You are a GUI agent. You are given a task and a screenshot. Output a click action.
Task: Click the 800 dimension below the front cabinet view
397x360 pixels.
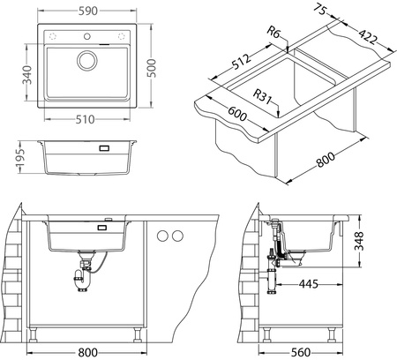[86, 351]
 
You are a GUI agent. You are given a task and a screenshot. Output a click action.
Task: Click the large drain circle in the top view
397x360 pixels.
[89, 61]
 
